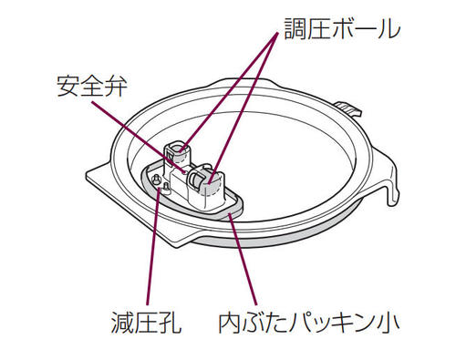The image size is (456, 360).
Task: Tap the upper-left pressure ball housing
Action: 177,155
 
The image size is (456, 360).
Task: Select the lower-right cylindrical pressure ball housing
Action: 206,181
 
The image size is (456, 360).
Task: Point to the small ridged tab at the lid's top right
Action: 349,113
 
